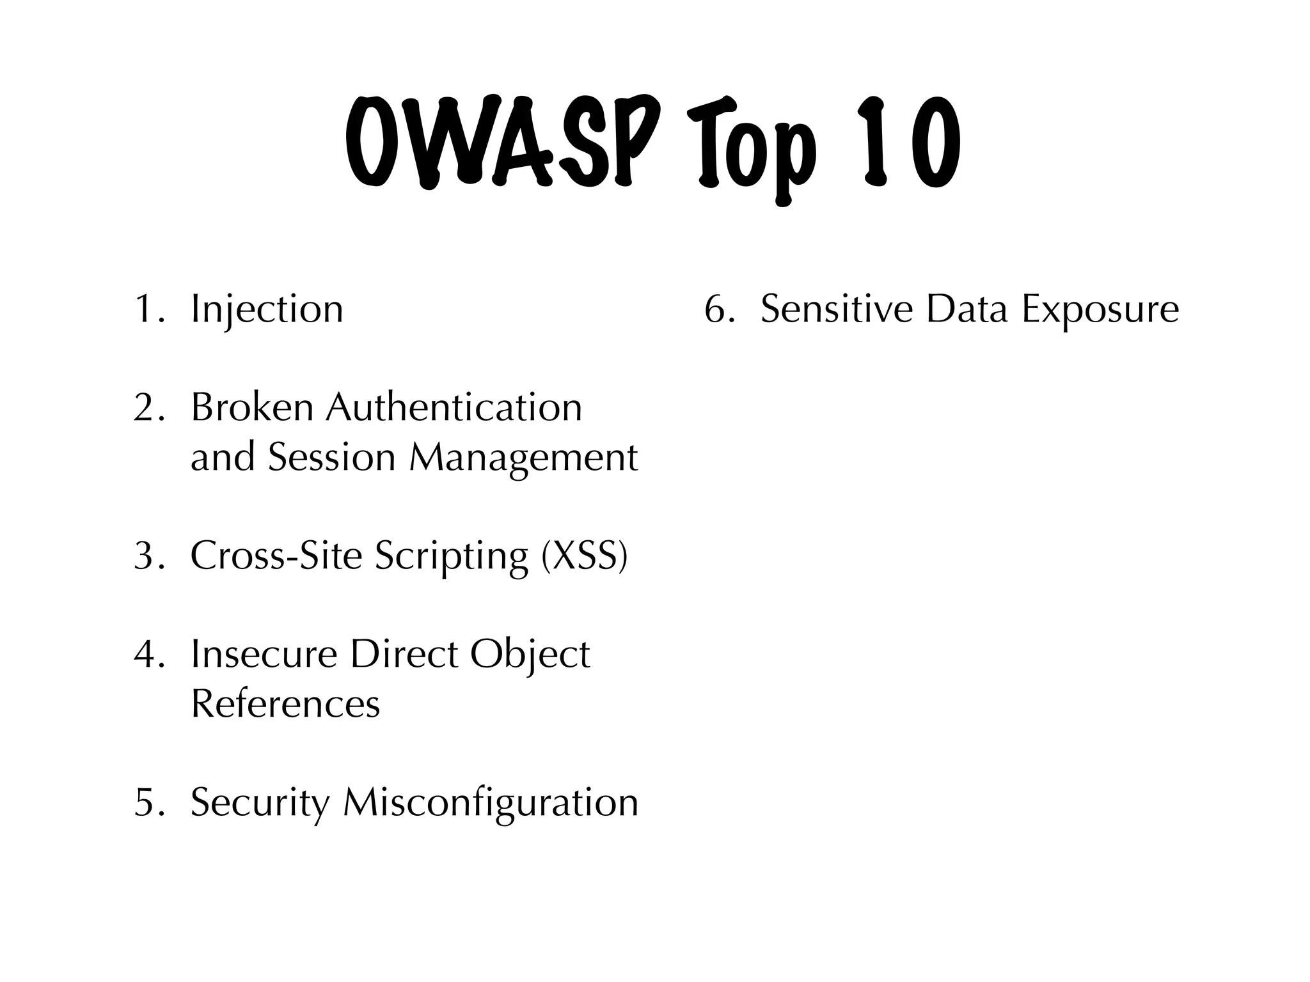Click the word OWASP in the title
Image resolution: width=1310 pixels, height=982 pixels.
[502, 142]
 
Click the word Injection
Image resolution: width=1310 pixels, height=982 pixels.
[267, 310]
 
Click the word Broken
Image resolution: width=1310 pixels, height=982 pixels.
[252, 407]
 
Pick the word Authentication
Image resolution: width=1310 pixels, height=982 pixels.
[454, 407]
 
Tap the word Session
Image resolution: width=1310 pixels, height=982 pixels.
[331, 457]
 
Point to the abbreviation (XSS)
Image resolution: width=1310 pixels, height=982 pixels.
[584, 556]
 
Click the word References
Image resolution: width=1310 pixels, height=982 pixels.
[285, 704]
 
